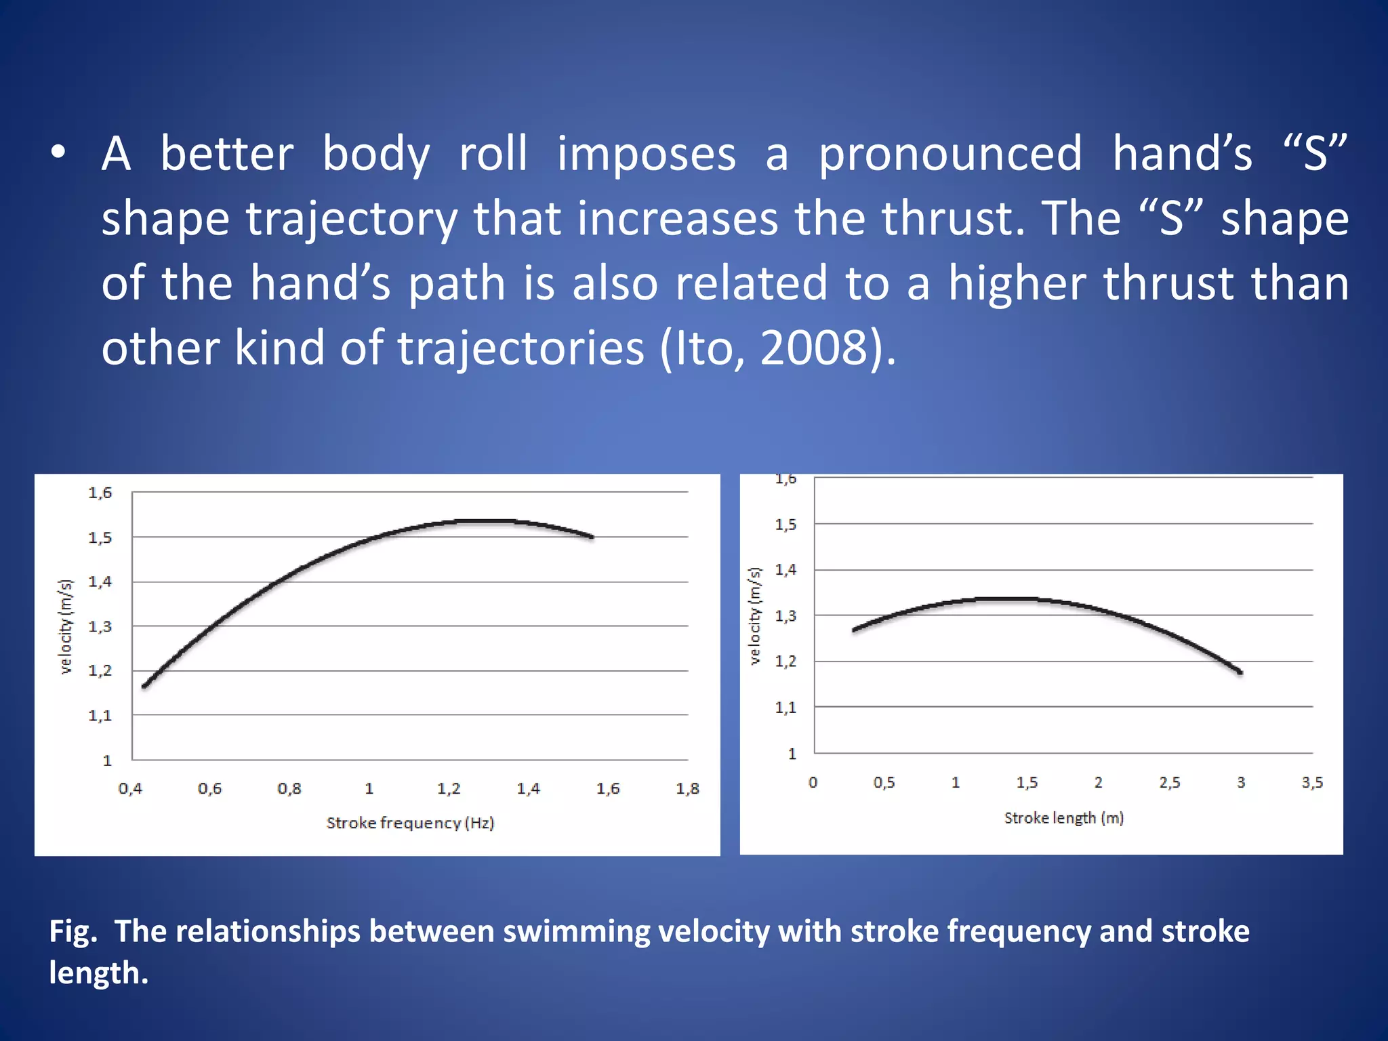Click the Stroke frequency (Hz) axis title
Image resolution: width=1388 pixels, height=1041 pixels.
410,823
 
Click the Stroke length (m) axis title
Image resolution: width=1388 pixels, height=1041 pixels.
1063,818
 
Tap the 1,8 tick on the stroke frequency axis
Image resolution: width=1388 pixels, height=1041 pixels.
687,789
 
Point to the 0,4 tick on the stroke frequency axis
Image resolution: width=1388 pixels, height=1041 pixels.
130,789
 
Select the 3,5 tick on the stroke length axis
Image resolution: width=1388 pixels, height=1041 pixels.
1312,783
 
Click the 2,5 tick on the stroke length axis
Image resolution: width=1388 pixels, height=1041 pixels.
1169,783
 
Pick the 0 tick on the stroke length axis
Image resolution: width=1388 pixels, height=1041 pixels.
813,783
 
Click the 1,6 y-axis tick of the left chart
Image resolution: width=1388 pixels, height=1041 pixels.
100,493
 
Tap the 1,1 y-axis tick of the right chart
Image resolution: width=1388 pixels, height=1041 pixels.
785,708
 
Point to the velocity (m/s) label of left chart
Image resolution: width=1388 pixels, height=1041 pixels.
65,626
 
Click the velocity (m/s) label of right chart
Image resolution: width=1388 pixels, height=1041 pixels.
755,615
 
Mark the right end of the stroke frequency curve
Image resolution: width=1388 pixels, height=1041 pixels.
592,537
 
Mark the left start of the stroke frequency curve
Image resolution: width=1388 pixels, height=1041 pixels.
144,687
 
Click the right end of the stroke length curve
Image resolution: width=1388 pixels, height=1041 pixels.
1240,672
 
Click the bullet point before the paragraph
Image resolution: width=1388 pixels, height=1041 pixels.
58,154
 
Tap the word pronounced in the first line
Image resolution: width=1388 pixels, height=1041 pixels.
950,154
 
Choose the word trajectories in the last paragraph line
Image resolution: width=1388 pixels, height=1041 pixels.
520,348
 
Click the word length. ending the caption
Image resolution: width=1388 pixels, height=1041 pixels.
98,973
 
